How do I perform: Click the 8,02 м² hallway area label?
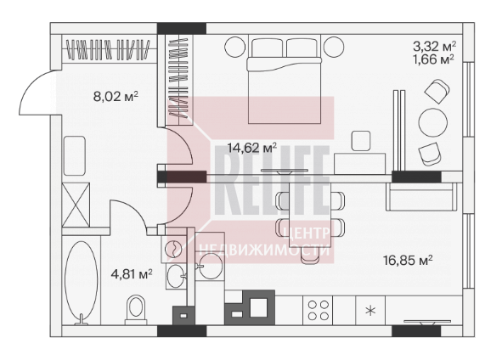coord(116,96)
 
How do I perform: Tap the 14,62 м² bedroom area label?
coord(252,148)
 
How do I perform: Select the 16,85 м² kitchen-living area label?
coord(408,260)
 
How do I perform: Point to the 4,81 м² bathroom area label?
coord(132,274)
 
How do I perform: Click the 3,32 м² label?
coord(434,47)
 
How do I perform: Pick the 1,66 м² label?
coord(434,59)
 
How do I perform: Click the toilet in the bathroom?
coord(136,309)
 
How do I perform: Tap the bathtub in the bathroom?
coord(82,283)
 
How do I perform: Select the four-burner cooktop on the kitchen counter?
coord(318,310)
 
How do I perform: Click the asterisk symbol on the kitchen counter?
coord(370,310)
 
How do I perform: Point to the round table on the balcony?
coord(433,123)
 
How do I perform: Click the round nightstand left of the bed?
coord(235,47)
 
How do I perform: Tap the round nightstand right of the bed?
coord(334,47)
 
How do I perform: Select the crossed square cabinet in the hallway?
coord(76,205)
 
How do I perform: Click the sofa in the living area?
coord(421,196)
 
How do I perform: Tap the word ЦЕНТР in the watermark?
coord(307,233)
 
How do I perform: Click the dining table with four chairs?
coord(310,215)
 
